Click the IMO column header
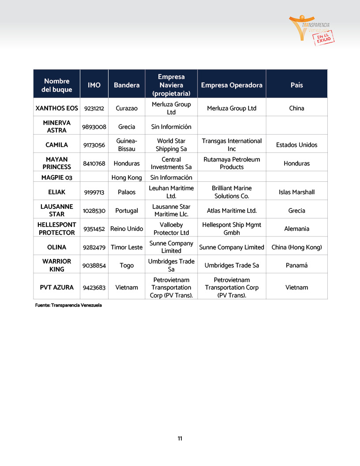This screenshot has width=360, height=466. click(94, 85)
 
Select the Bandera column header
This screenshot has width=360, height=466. click(127, 85)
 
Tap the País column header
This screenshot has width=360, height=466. click(296, 85)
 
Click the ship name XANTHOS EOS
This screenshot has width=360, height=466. click(56, 108)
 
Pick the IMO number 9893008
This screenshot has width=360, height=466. click(94, 127)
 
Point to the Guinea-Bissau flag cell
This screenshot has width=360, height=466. click(127, 145)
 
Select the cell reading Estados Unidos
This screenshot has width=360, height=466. click(296, 145)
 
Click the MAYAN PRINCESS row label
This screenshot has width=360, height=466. click(56, 163)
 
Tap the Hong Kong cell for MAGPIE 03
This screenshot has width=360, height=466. click(127, 177)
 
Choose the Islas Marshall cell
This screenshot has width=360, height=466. click(296, 192)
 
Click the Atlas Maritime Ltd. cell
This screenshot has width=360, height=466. click(232, 210)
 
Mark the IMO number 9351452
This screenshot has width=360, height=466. click(94, 229)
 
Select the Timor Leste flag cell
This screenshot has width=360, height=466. click(127, 247)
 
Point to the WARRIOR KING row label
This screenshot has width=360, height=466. click(56, 265)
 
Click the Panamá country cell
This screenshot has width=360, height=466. click(296, 265)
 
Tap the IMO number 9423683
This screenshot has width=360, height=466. click(94, 287)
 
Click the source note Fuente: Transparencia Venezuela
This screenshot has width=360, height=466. click(68, 305)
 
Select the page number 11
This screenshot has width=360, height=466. click(180, 438)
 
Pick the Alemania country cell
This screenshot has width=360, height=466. click(296, 229)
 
